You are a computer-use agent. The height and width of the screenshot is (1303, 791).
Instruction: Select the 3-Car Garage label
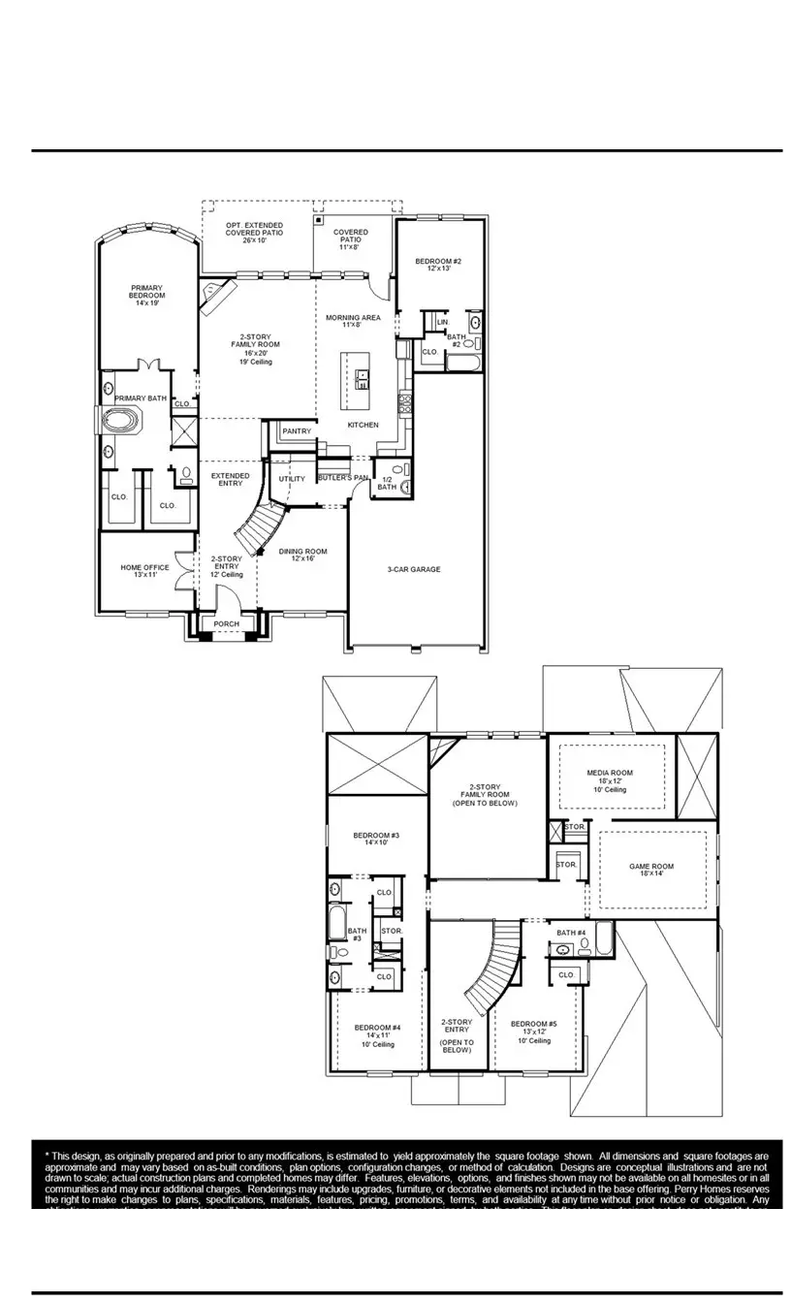pos(413,570)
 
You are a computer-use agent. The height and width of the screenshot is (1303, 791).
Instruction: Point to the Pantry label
pos(296,430)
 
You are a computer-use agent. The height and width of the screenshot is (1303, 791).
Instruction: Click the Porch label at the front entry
pos(226,623)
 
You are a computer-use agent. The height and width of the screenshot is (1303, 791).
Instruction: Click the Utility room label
pos(292,479)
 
